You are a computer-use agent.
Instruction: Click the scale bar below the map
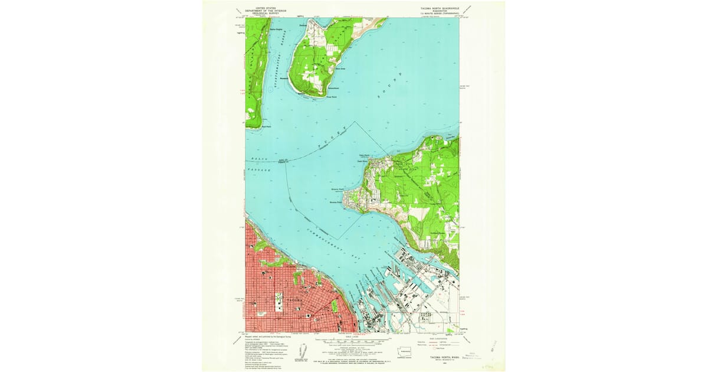coord(352,342)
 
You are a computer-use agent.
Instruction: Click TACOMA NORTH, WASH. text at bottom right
coord(435,356)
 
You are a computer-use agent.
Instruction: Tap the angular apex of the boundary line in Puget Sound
coord(356,122)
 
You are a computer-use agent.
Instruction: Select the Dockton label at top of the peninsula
coord(303,25)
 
